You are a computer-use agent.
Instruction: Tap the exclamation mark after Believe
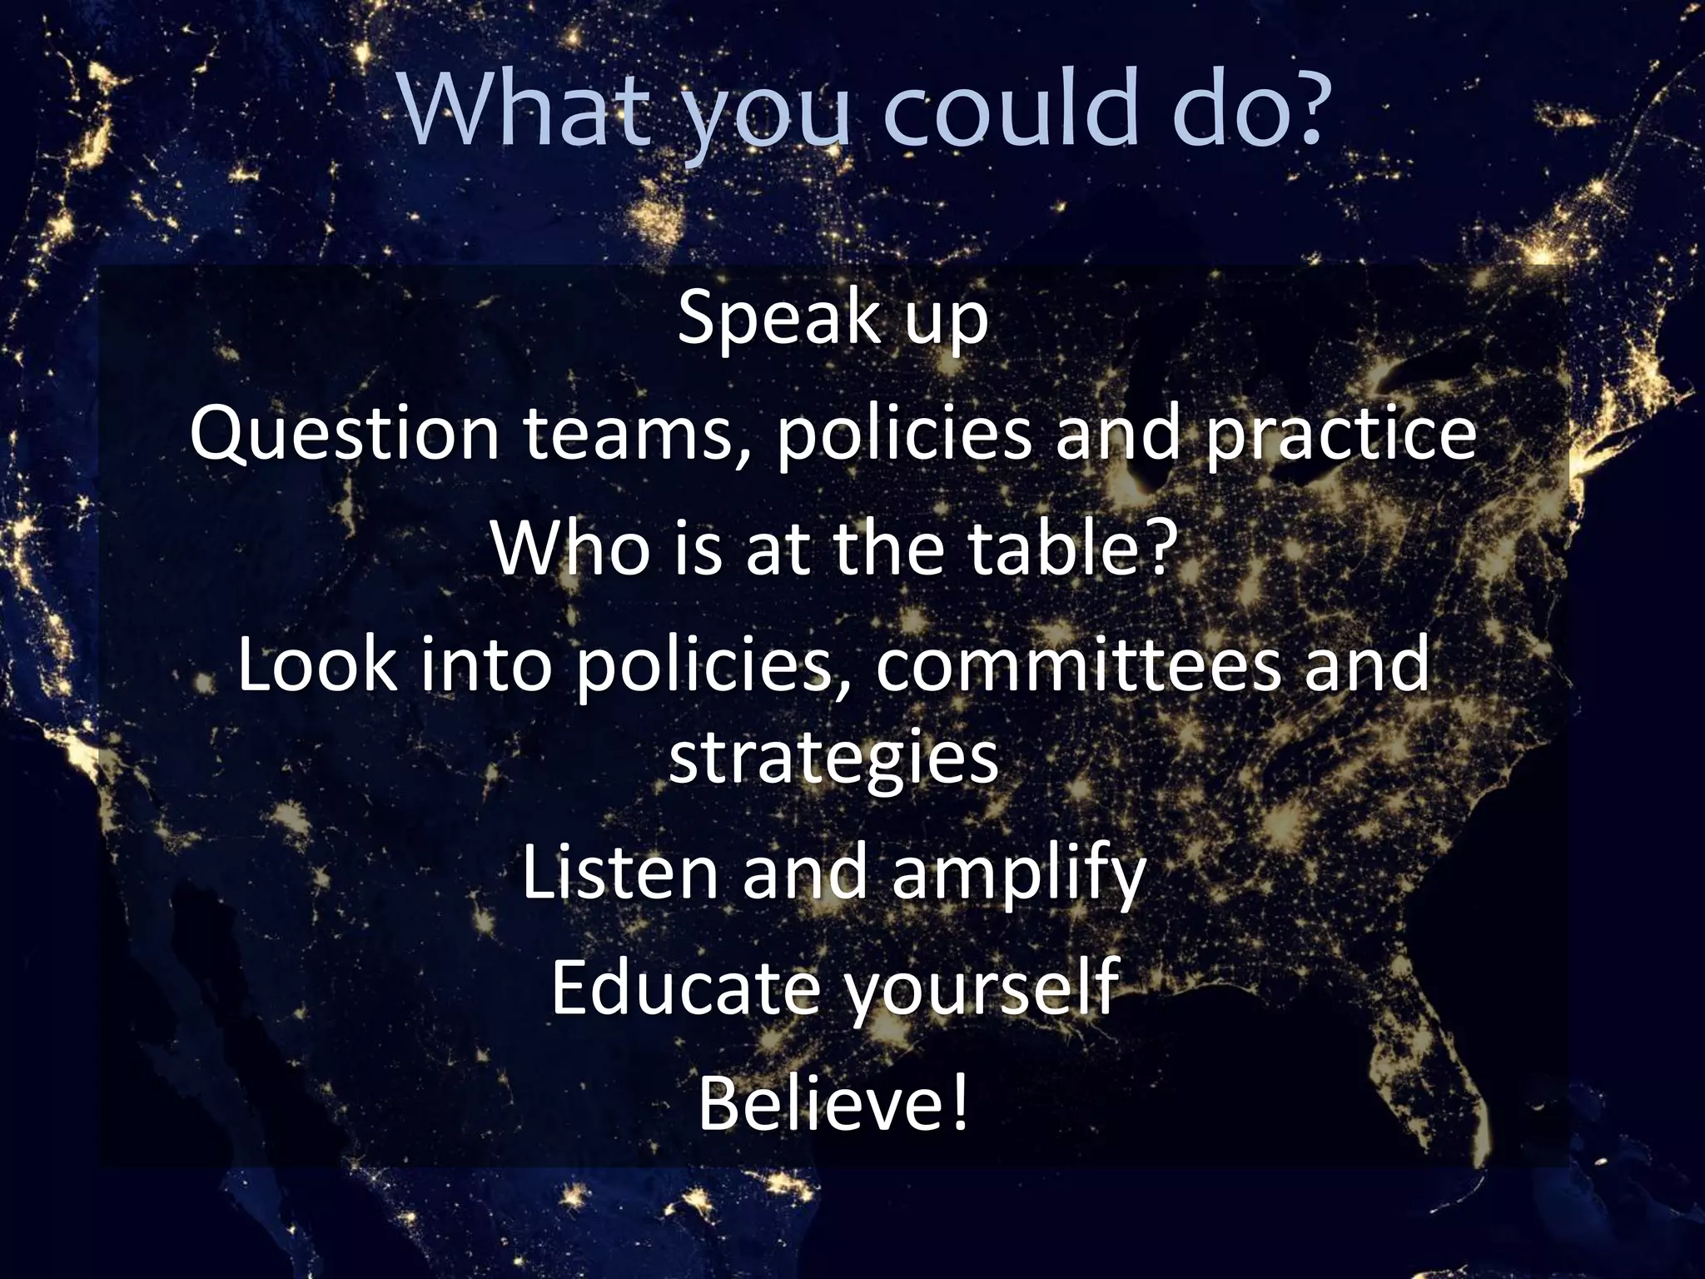click(x=959, y=1104)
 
